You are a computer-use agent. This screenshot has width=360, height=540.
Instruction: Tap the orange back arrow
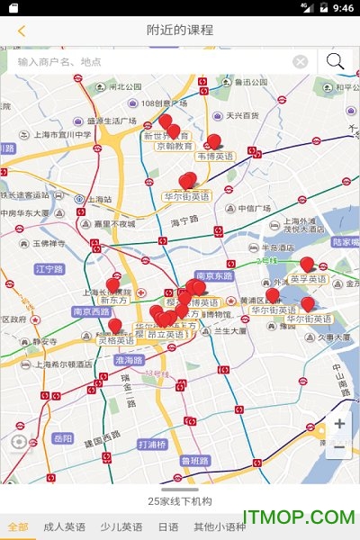click(x=21, y=31)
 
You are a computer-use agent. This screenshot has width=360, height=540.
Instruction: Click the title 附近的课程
click(x=180, y=30)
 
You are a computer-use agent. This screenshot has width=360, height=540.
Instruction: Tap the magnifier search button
click(x=336, y=61)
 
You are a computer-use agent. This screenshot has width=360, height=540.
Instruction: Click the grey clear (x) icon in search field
click(x=301, y=62)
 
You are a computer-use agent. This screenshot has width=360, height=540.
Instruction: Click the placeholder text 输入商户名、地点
click(x=59, y=62)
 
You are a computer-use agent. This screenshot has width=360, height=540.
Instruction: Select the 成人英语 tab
click(x=65, y=526)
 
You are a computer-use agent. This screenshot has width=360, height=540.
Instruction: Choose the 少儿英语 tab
click(x=121, y=526)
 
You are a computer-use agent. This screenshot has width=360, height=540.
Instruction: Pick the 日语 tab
click(x=168, y=526)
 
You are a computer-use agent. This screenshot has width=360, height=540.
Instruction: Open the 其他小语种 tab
click(x=219, y=526)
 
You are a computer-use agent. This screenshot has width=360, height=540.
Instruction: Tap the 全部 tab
click(x=17, y=526)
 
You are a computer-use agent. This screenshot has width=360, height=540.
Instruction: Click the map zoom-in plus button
click(x=339, y=424)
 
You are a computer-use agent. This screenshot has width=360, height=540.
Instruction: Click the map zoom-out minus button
click(x=339, y=447)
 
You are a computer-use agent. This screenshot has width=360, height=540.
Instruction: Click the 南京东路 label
click(x=214, y=275)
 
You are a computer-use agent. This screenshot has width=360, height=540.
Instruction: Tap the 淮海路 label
click(x=130, y=359)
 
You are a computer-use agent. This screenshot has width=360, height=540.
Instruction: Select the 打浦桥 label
click(x=152, y=445)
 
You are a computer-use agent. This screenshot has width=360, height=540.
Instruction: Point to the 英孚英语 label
click(x=308, y=279)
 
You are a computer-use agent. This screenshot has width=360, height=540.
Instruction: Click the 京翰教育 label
click(x=175, y=146)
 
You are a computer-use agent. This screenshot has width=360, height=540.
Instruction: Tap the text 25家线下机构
click(x=180, y=500)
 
